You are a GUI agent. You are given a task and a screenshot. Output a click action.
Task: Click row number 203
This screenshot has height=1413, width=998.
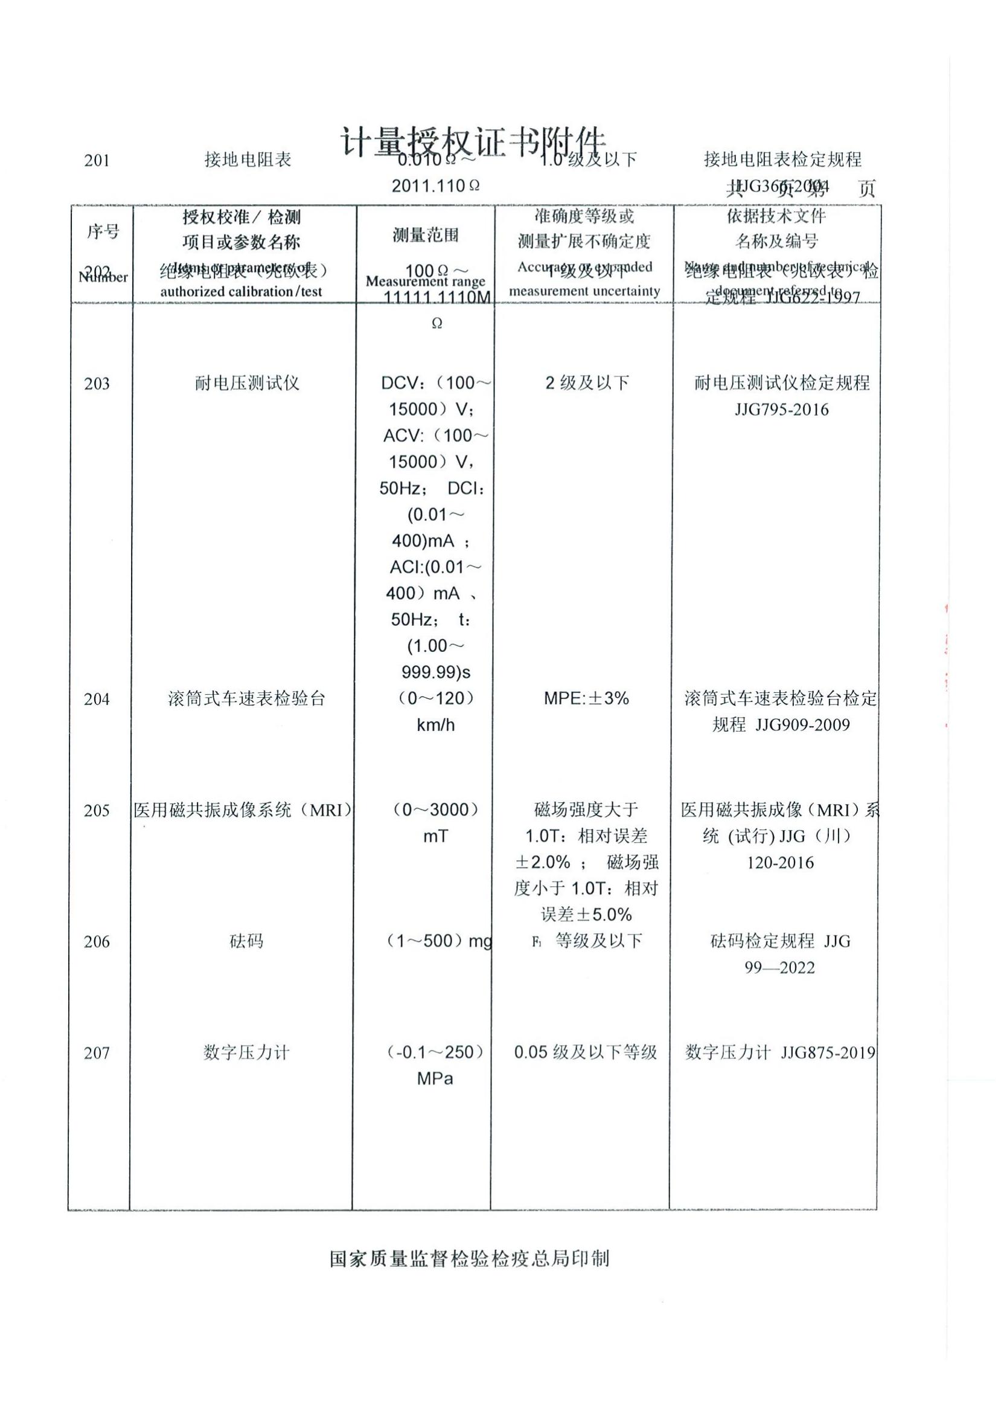click(x=97, y=384)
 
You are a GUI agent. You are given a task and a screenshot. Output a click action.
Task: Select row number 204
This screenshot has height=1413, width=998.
click(x=97, y=699)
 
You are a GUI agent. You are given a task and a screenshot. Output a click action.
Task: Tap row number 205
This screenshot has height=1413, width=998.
click(x=97, y=811)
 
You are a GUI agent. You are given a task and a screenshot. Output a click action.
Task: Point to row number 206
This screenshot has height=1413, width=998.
click(x=97, y=942)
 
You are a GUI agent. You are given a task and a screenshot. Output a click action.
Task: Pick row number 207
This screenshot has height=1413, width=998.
click(x=97, y=1053)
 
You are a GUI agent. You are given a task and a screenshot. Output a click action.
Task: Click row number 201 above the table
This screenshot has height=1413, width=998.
click(x=97, y=161)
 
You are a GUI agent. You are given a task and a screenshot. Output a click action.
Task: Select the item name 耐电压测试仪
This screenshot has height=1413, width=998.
click(x=246, y=384)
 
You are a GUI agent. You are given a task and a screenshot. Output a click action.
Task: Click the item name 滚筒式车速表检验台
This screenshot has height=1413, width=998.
click(x=246, y=698)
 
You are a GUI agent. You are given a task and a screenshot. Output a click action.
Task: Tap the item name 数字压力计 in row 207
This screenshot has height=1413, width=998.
click(x=246, y=1052)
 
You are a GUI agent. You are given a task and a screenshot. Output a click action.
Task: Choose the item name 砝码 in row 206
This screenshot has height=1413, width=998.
click(x=246, y=941)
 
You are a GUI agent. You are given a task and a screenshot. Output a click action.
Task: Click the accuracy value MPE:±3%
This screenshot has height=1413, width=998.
click(x=586, y=698)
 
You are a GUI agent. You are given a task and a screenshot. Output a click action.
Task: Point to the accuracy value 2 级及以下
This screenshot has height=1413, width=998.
click(x=587, y=383)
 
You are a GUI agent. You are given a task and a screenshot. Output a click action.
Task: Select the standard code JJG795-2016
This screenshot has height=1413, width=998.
click(x=781, y=410)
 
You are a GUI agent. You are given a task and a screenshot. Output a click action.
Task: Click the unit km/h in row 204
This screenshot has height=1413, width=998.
click(x=435, y=725)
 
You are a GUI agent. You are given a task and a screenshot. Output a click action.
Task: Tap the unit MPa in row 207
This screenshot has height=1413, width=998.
click(x=435, y=1079)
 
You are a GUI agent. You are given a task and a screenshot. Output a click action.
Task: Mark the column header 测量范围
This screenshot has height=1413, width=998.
click(x=426, y=235)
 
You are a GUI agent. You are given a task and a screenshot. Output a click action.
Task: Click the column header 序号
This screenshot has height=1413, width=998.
click(x=103, y=232)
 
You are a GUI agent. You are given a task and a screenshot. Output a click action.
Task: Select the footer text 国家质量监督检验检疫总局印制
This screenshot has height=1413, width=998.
click(x=469, y=1258)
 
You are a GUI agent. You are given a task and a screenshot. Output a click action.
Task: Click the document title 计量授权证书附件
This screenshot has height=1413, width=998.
click(x=472, y=143)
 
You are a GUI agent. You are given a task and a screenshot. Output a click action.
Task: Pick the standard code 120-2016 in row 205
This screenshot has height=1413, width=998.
click(x=780, y=863)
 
